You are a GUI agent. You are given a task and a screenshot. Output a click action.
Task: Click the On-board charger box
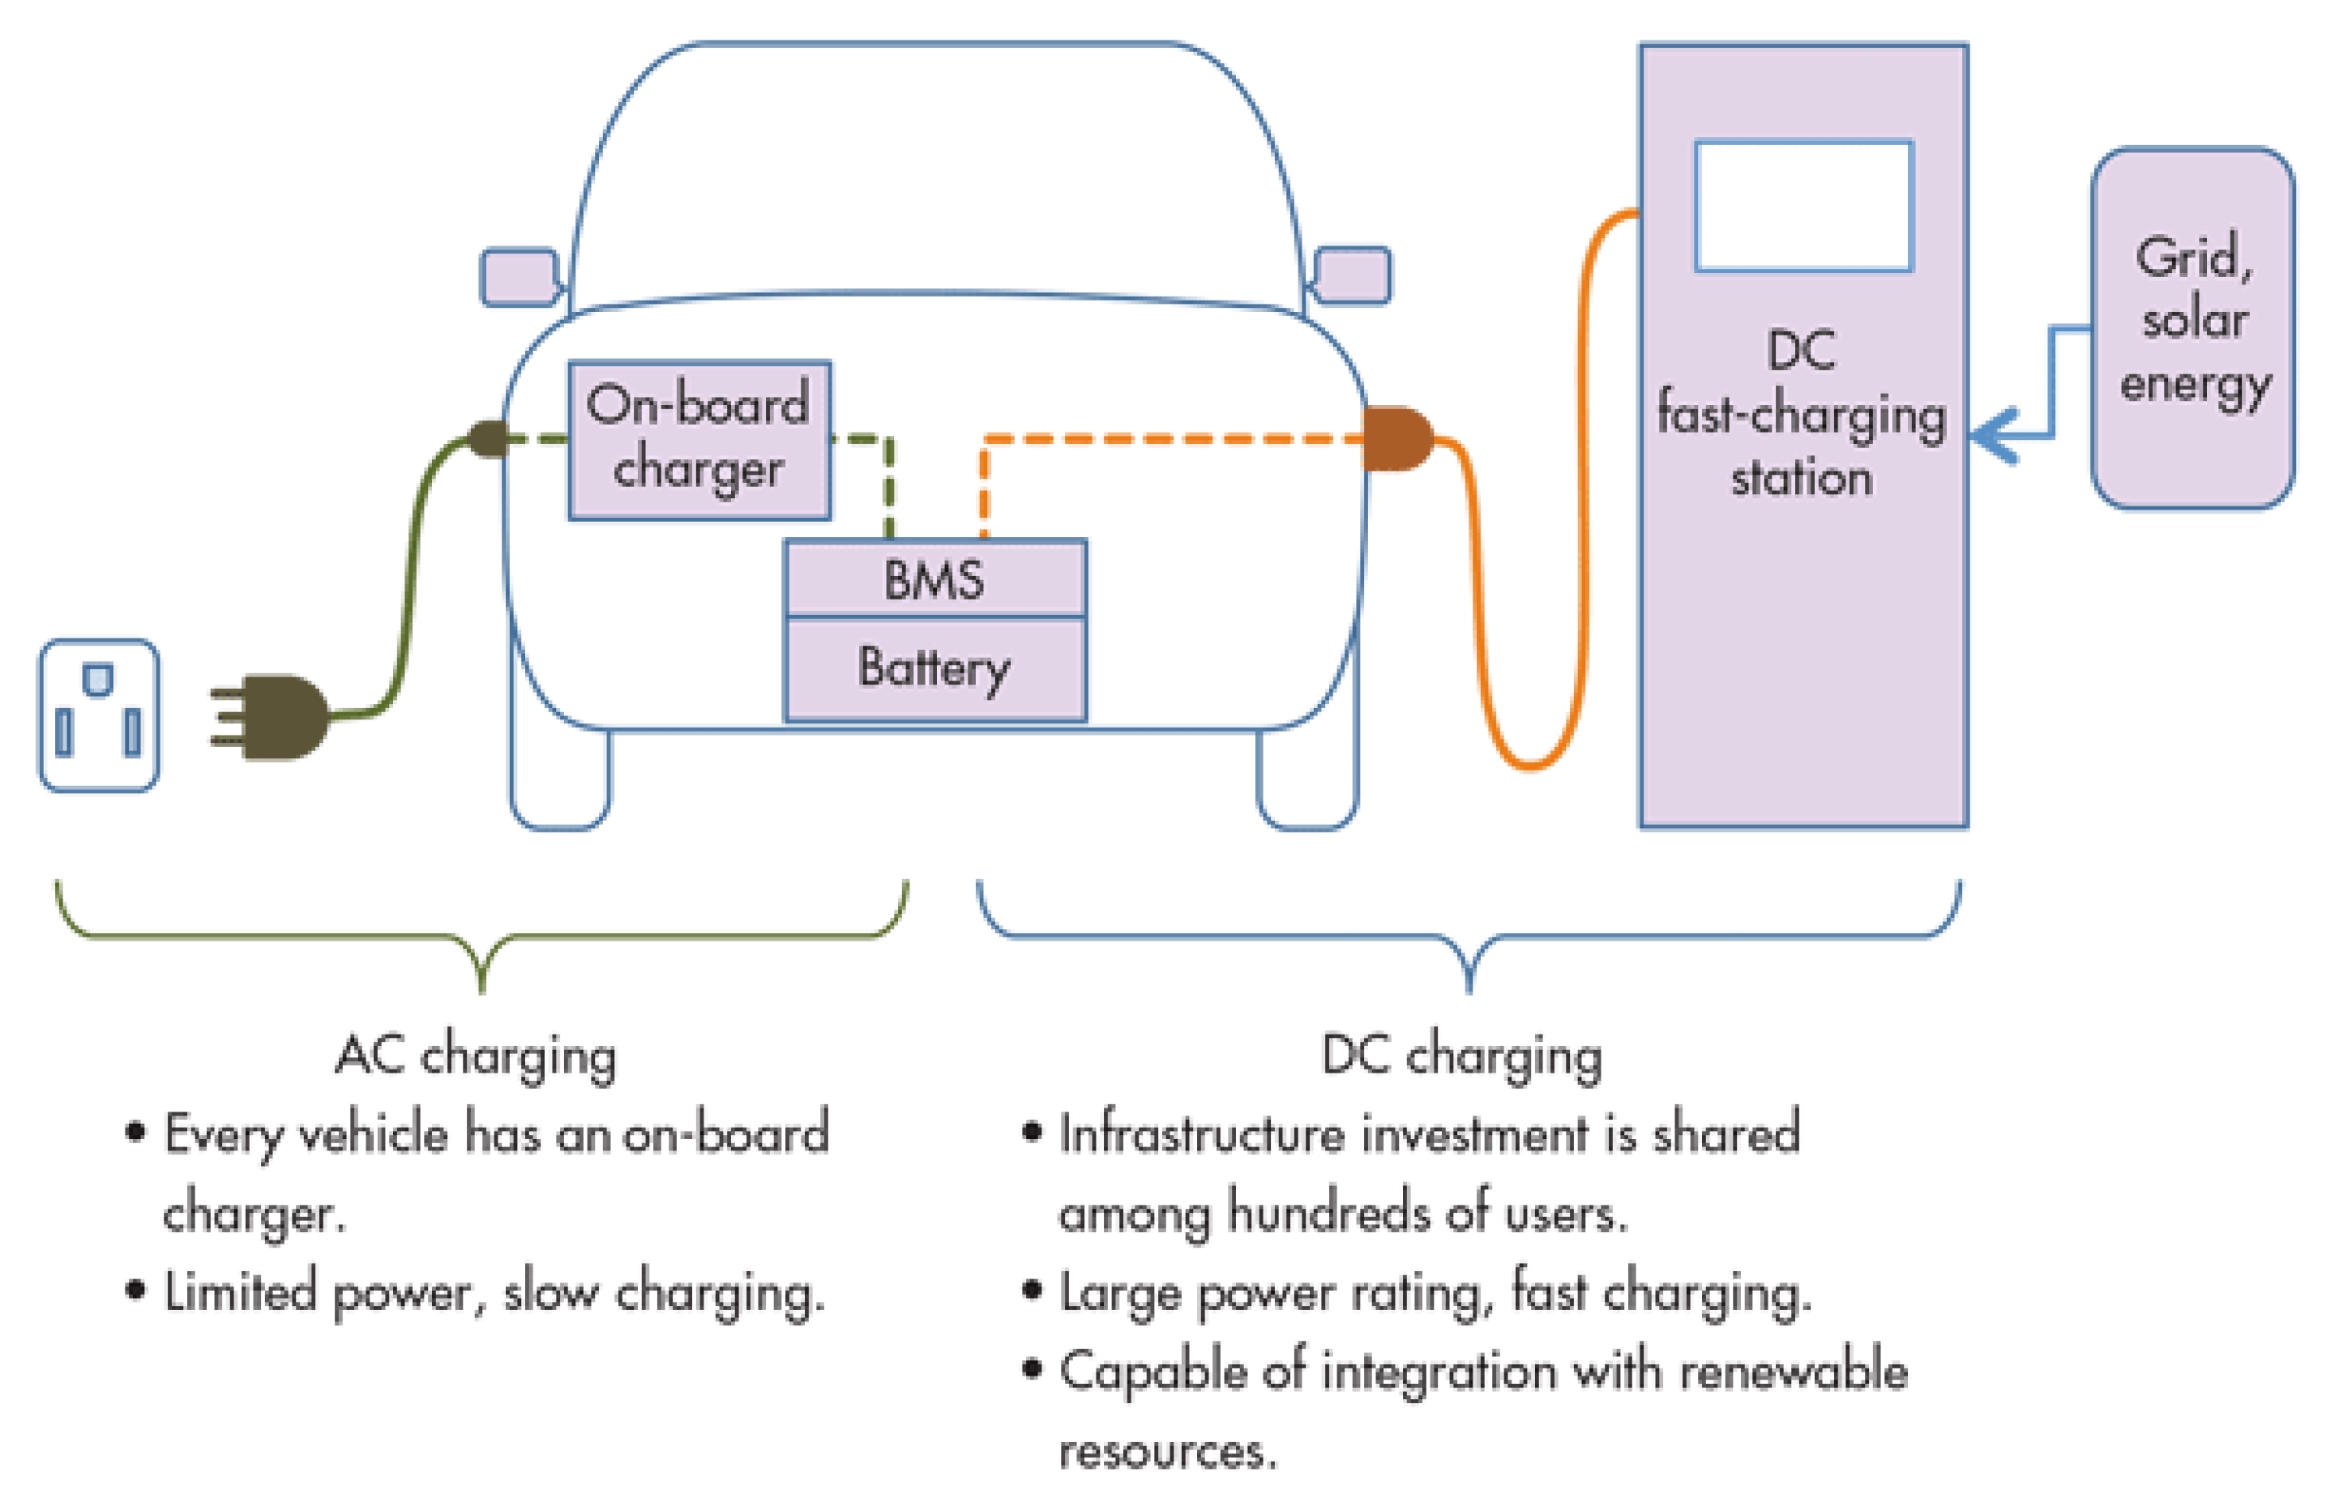click(x=699, y=440)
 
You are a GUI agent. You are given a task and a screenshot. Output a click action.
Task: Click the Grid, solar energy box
click(x=2194, y=328)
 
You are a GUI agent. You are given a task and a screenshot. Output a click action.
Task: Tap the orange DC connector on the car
click(x=1397, y=438)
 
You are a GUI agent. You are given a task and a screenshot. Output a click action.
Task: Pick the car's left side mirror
click(x=520, y=277)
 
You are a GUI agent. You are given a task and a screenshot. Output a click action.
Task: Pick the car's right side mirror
click(x=1353, y=275)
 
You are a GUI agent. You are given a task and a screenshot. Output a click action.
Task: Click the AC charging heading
click(x=476, y=1056)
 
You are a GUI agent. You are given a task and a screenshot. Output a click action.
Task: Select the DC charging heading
click(x=1461, y=1056)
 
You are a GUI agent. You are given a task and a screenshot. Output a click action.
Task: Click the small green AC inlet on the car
click(x=489, y=438)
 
